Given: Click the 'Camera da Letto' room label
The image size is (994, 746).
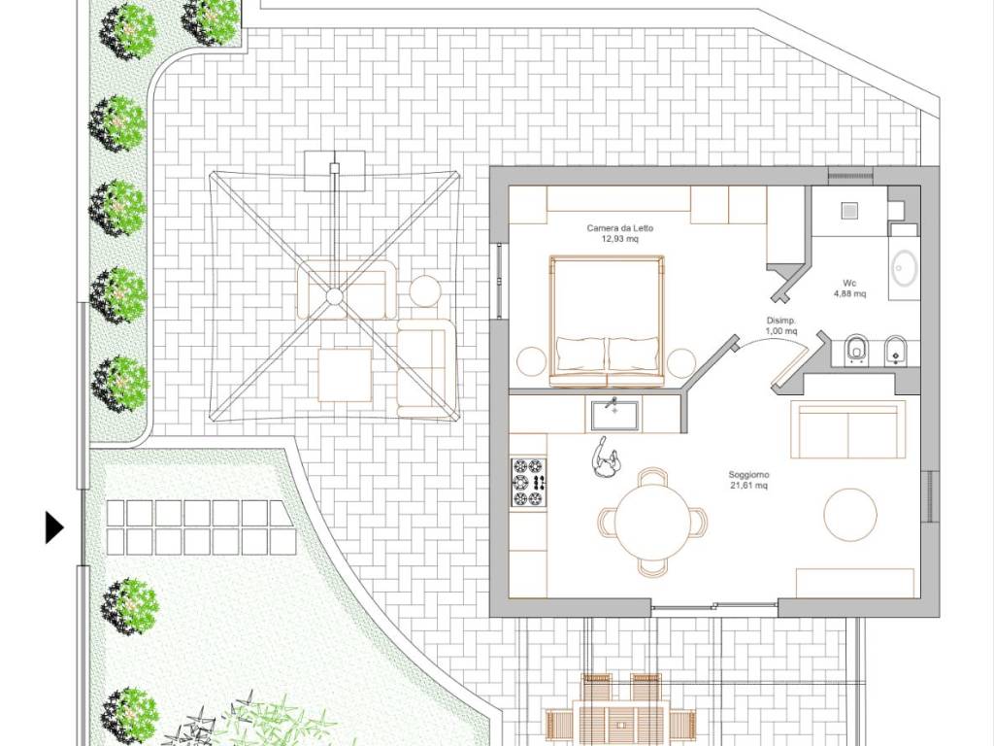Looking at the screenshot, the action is tap(619, 228).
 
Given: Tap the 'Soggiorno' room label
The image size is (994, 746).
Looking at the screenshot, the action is tap(748, 474).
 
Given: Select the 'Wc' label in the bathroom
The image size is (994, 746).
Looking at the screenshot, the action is tap(849, 283).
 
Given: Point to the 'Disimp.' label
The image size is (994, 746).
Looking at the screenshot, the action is tap(781, 321).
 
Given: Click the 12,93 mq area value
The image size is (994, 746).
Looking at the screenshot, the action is tap(619, 239).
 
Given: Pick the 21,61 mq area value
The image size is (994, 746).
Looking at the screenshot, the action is tap(748, 486).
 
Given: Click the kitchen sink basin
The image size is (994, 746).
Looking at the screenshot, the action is tap(614, 415).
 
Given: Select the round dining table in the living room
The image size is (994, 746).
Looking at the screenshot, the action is tap(653, 522).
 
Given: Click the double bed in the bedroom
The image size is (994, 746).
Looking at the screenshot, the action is tap(608, 321).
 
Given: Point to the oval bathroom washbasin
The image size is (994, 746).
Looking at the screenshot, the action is tap(905, 268).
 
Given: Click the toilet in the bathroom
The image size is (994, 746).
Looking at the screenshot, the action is tap(856, 350).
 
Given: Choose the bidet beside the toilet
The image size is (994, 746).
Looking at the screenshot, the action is tap(895, 350).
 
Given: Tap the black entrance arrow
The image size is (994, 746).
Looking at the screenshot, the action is tap(54, 527).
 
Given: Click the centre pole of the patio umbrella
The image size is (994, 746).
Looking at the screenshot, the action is tap(334, 296).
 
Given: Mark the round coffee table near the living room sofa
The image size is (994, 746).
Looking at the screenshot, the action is tap(850, 515).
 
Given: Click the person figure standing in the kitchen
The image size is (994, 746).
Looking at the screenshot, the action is tap(605, 458).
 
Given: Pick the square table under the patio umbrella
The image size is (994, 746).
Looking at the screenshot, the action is tap(345, 375).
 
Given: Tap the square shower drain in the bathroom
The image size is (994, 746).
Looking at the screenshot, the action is tap(849, 210).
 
